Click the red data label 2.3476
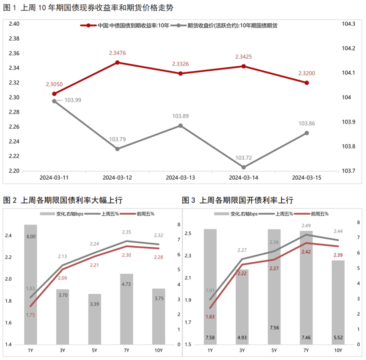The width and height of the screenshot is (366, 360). click(x=117, y=53)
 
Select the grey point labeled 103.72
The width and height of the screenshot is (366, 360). click(x=244, y=167)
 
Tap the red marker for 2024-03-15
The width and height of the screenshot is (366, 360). click(x=307, y=83)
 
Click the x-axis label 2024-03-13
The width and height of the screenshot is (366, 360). click(x=180, y=178)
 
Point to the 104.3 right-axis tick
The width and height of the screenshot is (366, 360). click(x=348, y=24)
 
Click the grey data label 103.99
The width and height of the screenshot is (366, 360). click(x=73, y=100)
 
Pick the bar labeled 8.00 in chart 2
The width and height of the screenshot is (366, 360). click(x=31, y=284)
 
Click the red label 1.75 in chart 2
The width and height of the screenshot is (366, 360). click(x=31, y=316)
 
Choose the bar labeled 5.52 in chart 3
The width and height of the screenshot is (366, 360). click(x=338, y=302)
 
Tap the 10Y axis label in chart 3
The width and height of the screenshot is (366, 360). click(x=338, y=350)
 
